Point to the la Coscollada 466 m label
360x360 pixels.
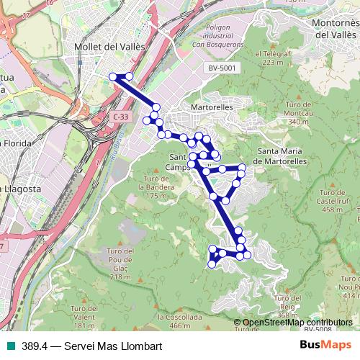pos(179,320)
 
